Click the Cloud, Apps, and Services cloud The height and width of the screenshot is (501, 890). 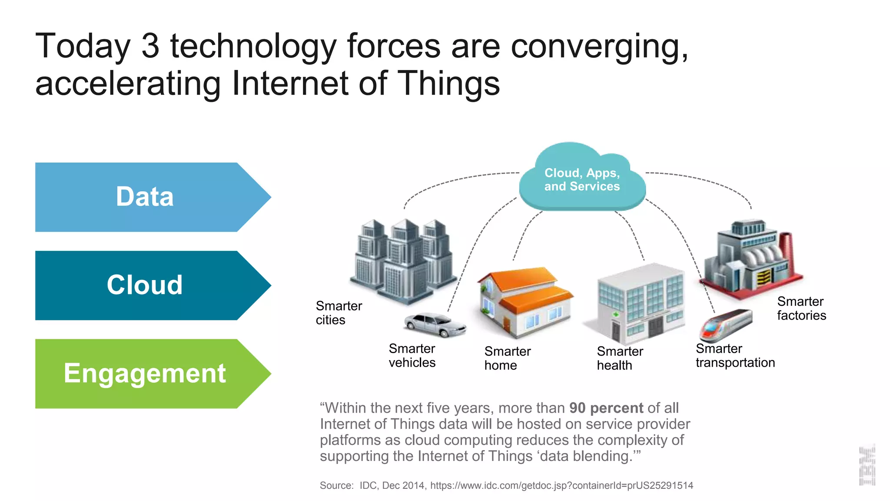coord(582,179)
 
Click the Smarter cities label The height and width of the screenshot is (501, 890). coord(339,313)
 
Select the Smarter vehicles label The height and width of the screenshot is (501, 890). coord(412,355)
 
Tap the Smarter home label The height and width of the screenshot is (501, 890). coord(507,358)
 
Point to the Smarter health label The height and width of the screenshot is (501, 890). coord(620,358)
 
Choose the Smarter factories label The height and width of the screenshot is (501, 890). coord(801,308)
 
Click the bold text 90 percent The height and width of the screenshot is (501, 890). coord(606,408)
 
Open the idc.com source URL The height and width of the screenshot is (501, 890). coord(561,485)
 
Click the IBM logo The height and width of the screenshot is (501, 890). coord(867,465)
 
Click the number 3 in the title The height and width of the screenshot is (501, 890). coord(150,46)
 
